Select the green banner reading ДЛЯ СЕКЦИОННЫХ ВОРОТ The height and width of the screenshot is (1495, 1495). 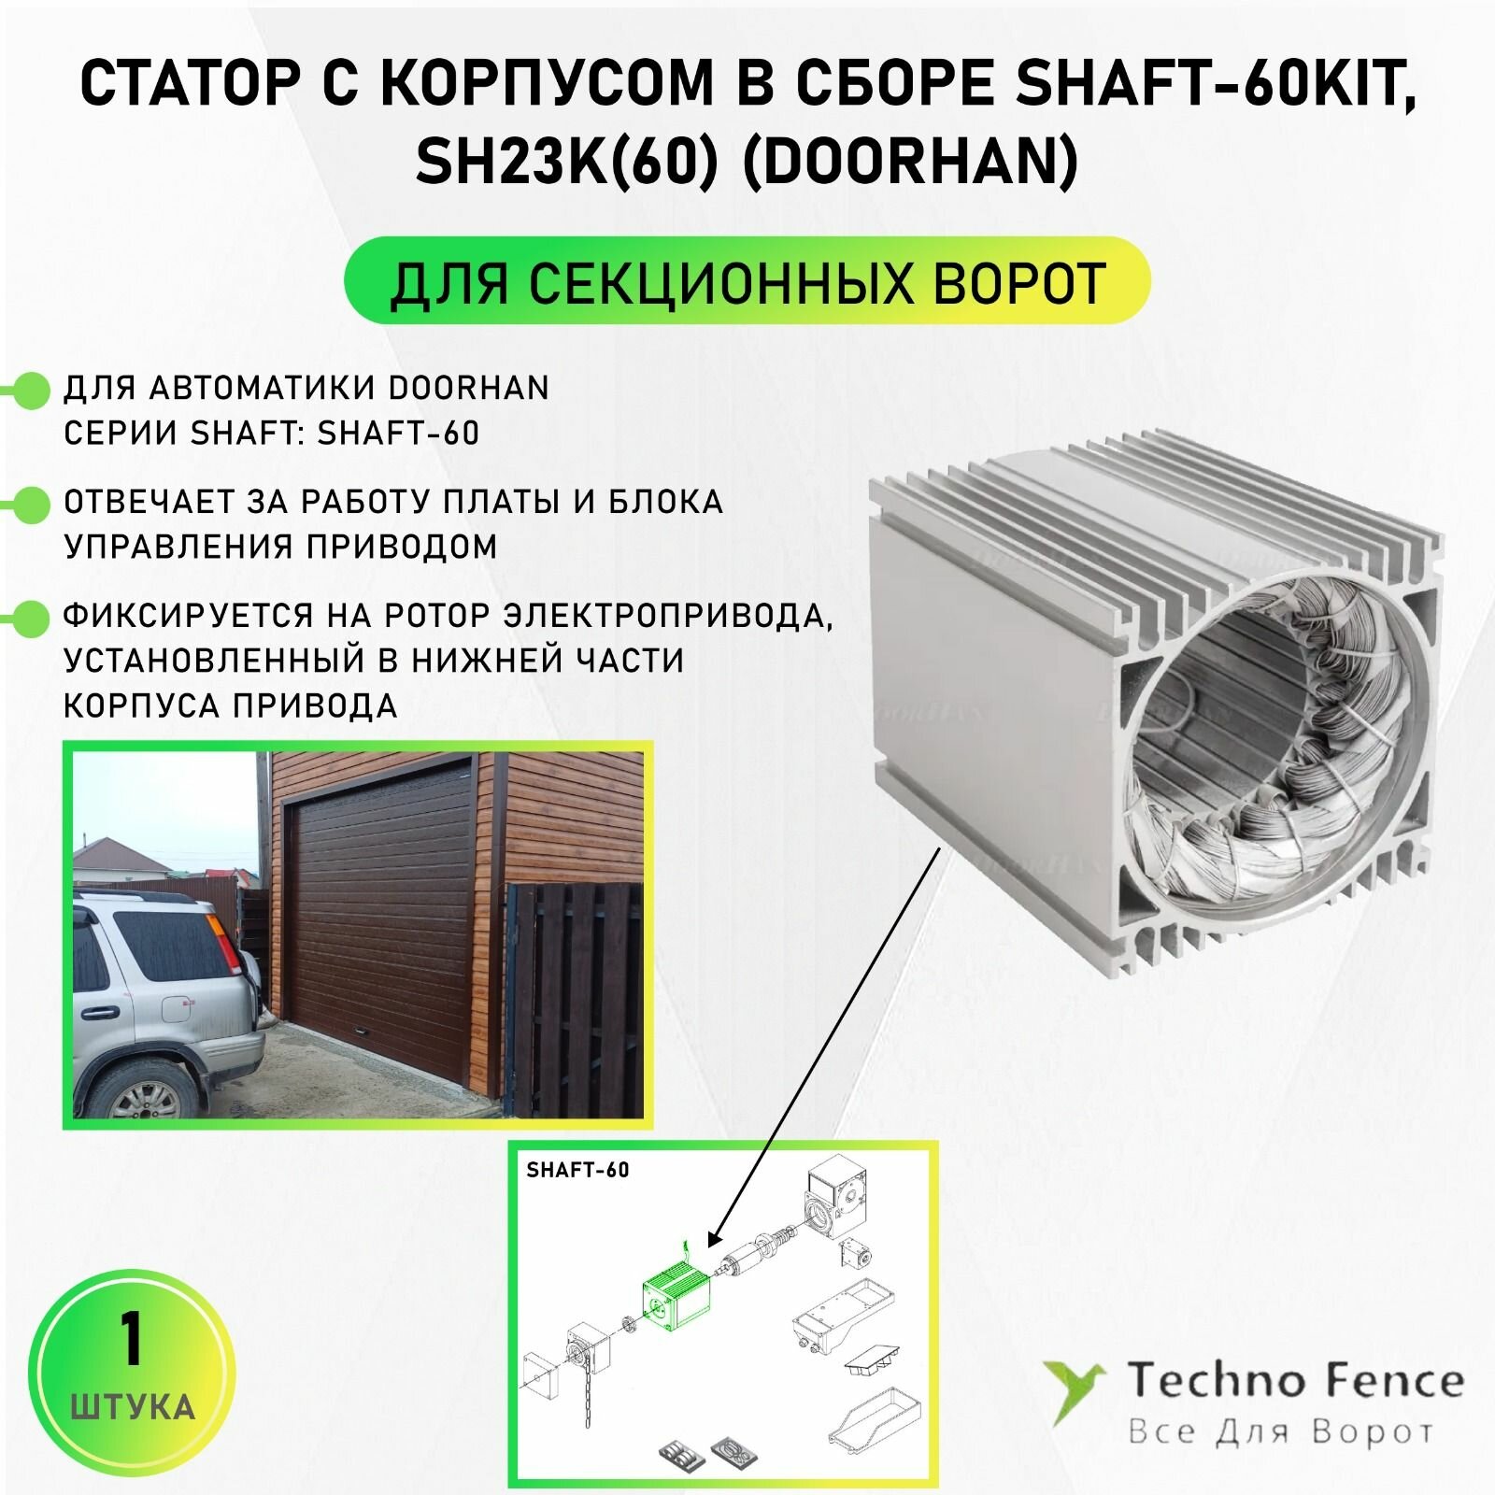coord(747,281)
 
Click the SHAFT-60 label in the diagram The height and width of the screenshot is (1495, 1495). coord(577,1170)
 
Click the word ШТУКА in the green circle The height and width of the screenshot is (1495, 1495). coord(132,1406)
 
